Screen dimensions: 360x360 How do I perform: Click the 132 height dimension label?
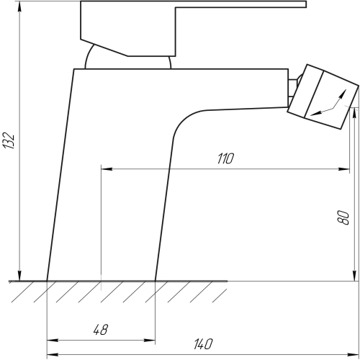coord(9,140)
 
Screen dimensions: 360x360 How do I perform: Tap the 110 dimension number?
coord(225,158)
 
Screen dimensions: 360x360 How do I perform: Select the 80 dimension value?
coord(343,217)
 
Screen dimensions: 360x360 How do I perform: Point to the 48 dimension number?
coord(101,330)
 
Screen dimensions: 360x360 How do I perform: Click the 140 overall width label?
coord(203,344)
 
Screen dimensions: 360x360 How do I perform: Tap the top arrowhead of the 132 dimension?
coord(19,7)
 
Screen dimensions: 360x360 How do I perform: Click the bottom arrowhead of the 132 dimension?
coord(19,275)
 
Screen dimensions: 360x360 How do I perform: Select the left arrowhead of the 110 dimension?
coord(107,169)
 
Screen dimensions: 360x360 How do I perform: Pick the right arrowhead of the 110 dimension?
coord(343,169)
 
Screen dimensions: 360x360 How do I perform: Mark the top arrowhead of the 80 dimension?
coord(354,113)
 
